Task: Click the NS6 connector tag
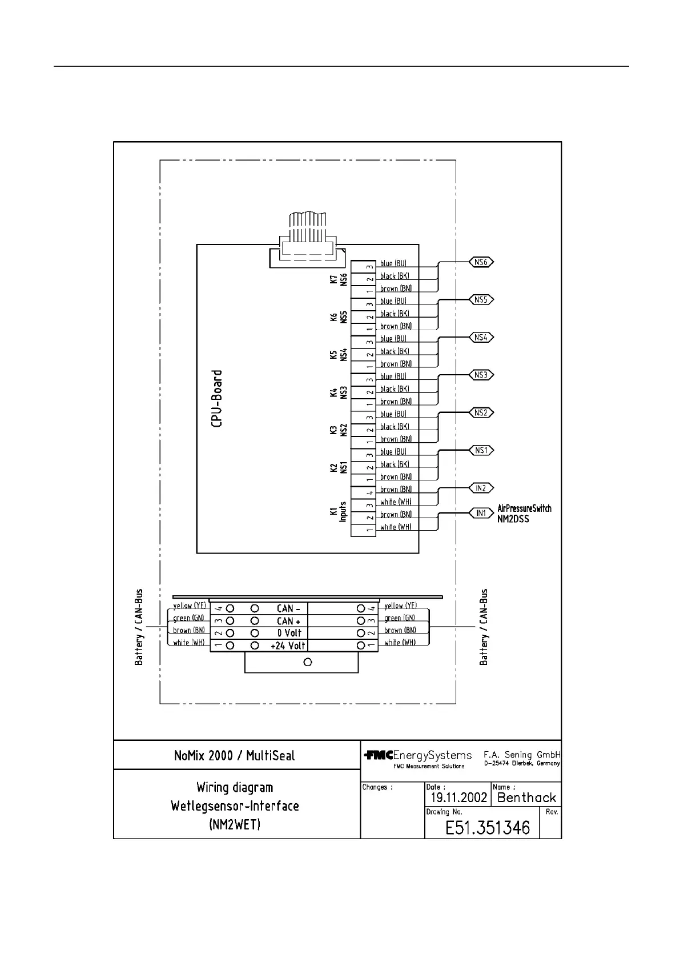pyautogui.click(x=481, y=262)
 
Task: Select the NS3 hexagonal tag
pyautogui.click(x=481, y=375)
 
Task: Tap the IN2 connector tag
pyautogui.click(x=481, y=488)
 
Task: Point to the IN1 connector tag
pyautogui.click(x=481, y=513)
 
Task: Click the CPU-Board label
pyautogui.click(x=217, y=398)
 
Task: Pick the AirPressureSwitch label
pyautogui.click(x=524, y=508)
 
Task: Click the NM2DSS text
pyautogui.click(x=513, y=519)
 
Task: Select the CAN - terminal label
pyautogui.click(x=288, y=609)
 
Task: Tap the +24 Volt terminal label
pyautogui.click(x=288, y=646)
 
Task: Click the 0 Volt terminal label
pyautogui.click(x=289, y=633)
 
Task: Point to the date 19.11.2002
pyautogui.click(x=458, y=797)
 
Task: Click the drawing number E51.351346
pyautogui.click(x=488, y=828)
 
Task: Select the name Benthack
pyautogui.click(x=526, y=797)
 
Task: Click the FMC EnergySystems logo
pyautogui.click(x=418, y=756)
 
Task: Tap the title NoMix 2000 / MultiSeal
pyautogui.click(x=235, y=756)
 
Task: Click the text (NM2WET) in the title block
pyautogui.click(x=235, y=824)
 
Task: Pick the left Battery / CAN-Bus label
pyautogui.click(x=139, y=627)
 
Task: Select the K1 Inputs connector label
pyautogui.click(x=338, y=512)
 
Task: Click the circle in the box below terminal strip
pyautogui.click(x=308, y=662)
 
